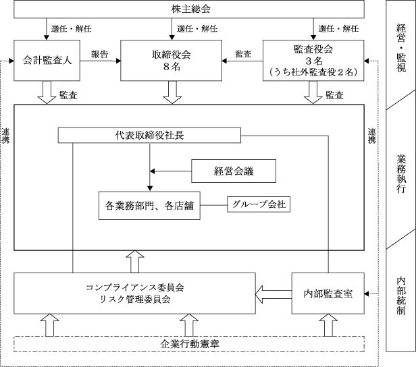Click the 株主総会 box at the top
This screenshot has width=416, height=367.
(189, 9)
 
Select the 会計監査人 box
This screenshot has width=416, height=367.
(47, 61)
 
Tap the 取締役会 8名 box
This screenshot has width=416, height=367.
(171, 61)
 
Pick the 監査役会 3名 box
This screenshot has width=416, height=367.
(313, 61)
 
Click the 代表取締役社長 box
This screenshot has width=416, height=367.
(149, 136)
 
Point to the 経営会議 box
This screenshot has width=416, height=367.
(234, 171)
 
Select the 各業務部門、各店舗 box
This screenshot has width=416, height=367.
(149, 206)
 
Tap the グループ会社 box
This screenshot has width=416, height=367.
(259, 204)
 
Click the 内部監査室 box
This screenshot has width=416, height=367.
(328, 293)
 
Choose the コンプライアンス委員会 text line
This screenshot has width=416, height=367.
(135, 287)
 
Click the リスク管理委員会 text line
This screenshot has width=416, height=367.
(135, 300)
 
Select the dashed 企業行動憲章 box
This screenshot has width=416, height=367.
(189, 344)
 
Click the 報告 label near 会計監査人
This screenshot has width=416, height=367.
(100, 55)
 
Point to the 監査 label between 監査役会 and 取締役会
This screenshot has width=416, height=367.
(243, 54)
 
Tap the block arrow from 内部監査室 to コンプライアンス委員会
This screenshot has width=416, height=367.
(274, 294)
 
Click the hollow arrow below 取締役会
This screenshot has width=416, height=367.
(172, 92)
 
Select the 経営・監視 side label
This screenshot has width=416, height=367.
(401, 48)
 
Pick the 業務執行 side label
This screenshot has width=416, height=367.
(401, 174)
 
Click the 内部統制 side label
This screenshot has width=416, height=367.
(401, 296)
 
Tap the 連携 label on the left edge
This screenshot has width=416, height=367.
(5, 136)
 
